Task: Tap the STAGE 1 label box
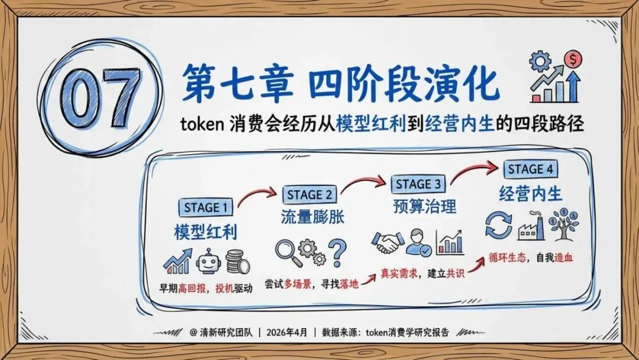(x=205, y=208)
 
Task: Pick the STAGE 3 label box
(x=418, y=184)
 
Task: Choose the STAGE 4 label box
(x=530, y=169)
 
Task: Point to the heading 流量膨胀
(x=312, y=217)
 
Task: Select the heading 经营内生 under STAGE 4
(x=530, y=194)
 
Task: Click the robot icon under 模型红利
(x=208, y=261)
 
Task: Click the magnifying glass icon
(x=286, y=252)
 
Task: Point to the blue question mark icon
(x=337, y=252)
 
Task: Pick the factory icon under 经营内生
(x=531, y=228)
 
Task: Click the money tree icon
(x=564, y=224)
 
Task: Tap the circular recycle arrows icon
(x=497, y=227)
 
